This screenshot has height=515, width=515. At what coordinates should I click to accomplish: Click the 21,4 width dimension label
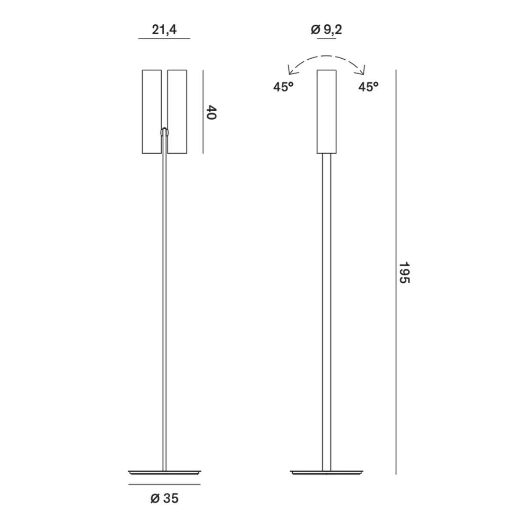point(164,30)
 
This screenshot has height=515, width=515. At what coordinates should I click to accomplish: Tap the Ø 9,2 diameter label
point(326,30)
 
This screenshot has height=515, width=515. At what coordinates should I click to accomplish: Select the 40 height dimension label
point(212,112)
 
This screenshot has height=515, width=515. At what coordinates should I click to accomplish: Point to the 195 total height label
point(404,273)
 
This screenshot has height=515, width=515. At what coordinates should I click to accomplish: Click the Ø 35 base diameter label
point(164,498)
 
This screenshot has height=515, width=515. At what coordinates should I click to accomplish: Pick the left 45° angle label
point(283,87)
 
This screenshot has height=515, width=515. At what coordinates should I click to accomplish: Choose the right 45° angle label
point(368,87)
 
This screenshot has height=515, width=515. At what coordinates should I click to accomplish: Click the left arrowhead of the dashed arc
point(291,71)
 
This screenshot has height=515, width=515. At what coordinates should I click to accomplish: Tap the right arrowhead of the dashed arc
point(362,71)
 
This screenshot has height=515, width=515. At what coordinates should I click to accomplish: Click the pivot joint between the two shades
point(164,132)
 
